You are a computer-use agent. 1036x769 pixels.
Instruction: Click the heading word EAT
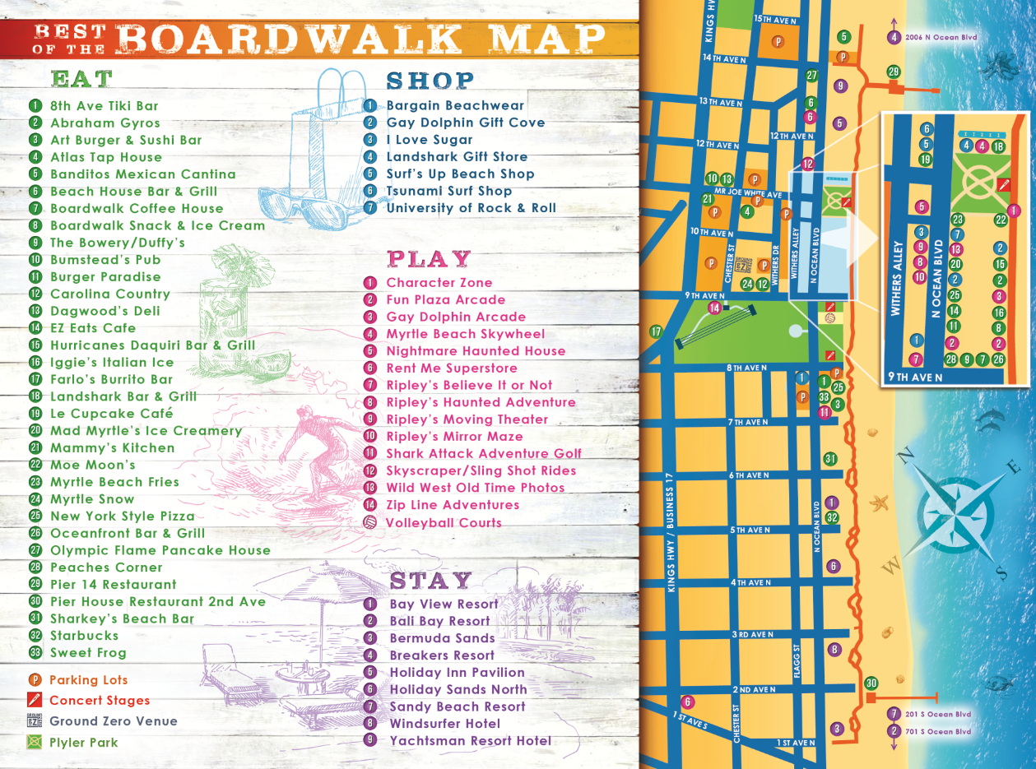81,79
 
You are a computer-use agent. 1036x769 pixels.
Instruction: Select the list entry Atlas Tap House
105,157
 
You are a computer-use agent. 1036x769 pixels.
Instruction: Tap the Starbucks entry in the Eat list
84,636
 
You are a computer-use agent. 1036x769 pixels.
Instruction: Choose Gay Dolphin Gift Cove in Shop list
465,123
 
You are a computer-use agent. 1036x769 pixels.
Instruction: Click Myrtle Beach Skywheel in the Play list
465,334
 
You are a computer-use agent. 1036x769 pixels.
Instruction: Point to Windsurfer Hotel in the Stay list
444,724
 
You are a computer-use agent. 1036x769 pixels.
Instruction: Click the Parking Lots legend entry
88,680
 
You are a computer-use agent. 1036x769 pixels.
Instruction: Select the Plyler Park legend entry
83,743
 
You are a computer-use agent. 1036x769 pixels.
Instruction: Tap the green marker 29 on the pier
894,72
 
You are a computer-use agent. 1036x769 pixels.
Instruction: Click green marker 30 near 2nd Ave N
871,683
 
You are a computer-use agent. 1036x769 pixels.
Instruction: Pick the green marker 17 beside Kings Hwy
656,332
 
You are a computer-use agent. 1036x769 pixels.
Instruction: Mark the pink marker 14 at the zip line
715,308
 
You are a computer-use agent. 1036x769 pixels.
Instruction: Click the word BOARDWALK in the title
289,39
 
